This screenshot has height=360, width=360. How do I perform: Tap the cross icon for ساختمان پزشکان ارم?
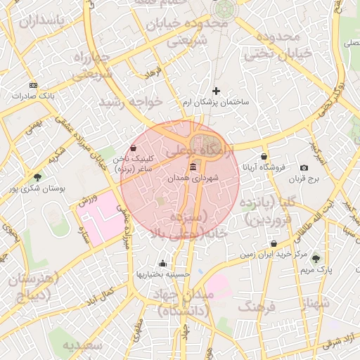tap(216, 91)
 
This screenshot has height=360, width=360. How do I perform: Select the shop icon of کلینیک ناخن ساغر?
tap(134, 149)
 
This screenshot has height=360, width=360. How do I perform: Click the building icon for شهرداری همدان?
tap(193, 167)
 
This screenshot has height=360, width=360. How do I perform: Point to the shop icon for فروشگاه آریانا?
tap(264, 157)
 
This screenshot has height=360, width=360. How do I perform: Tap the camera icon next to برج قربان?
tap(304, 167)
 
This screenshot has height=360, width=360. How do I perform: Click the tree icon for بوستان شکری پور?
tap(37, 177)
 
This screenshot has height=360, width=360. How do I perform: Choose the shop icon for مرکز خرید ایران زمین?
tap(274, 243)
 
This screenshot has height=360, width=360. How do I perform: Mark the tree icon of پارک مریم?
tap(315, 258)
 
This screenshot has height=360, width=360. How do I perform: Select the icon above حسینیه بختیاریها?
tap(163, 263)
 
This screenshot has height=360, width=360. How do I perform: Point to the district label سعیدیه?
tap(82, 346)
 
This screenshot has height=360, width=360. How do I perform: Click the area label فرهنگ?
tap(257, 307)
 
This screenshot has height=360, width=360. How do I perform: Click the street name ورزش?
tap(85, 200)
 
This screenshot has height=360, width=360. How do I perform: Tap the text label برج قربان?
tap(303, 179)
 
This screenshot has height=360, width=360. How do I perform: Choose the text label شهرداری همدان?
tap(193, 179)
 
